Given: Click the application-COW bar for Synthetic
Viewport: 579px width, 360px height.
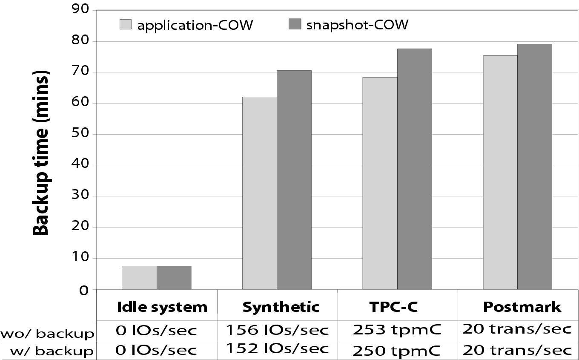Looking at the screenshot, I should (x=260, y=193).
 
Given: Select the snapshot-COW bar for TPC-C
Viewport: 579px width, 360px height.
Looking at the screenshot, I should (x=414, y=169).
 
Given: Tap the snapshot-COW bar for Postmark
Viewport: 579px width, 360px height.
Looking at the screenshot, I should (x=535, y=167).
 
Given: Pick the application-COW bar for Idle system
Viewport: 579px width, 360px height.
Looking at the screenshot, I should (x=139, y=278).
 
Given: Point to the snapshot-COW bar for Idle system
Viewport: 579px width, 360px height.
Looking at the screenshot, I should (x=174, y=278).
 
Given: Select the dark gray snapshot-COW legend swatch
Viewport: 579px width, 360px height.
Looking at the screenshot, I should (x=295, y=24).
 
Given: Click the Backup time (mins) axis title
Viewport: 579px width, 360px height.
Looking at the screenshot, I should (x=41, y=153).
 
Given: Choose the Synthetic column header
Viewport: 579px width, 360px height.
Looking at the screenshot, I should (x=281, y=307).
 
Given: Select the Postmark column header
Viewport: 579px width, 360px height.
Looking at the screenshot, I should (x=522, y=307).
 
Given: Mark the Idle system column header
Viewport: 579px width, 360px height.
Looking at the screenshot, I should (x=162, y=307).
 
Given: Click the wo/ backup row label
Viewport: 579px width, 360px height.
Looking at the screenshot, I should (x=47, y=333).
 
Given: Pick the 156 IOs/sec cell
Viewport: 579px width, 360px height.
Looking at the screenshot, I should (x=277, y=330).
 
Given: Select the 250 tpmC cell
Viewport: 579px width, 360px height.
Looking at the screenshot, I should (x=397, y=350).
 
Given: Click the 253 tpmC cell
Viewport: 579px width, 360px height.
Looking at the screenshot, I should (x=397, y=330).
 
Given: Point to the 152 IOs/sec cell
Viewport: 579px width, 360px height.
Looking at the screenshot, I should (x=277, y=348).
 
